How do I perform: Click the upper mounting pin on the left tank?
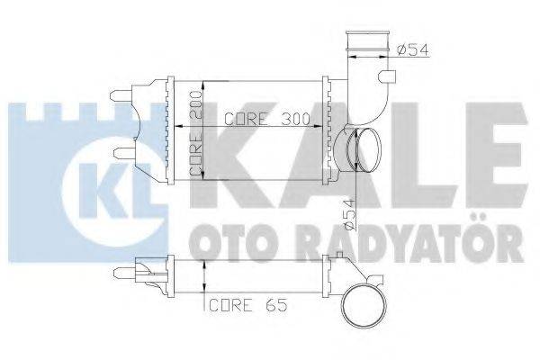coord(120,94)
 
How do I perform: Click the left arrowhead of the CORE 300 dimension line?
coord(209,127)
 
